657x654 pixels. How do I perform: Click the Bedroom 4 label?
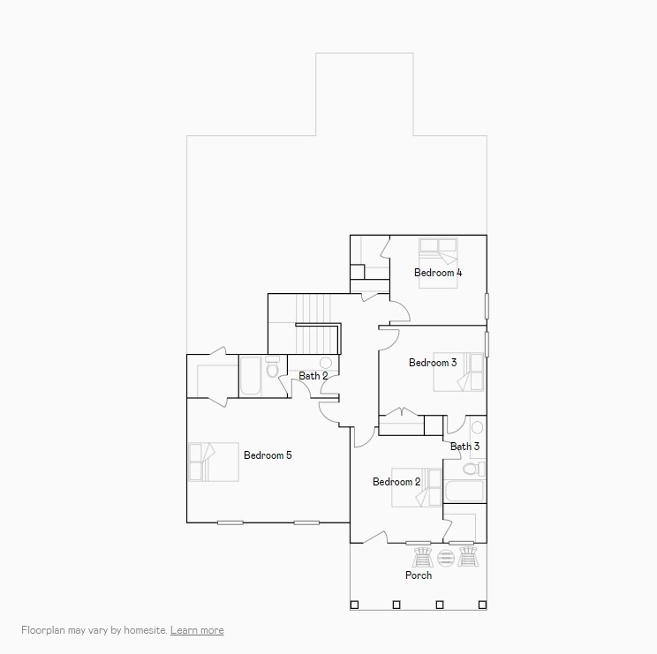[x=437, y=273]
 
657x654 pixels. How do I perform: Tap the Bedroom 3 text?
[x=432, y=363]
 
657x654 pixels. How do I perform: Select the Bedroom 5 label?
[x=268, y=455]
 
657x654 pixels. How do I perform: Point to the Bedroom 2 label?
[x=396, y=482]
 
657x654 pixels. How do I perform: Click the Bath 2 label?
[x=313, y=376]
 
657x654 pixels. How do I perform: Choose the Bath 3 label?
[x=464, y=447]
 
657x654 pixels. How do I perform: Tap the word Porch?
[x=419, y=575]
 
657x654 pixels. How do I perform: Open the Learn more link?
[x=197, y=630]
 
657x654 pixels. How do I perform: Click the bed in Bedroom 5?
[x=214, y=462]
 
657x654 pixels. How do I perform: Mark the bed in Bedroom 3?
[x=459, y=372]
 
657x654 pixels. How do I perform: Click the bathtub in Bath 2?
[x=250, y=377]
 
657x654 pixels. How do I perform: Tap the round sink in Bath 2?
[x=325, y=363]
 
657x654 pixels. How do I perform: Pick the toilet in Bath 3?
[x=472, y=468]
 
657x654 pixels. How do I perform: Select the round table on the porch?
[x=445, y=558]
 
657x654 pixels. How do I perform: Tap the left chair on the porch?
[x=423, y=557]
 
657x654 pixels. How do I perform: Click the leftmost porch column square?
[x=354, y=605]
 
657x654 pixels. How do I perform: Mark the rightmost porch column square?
[x=481, y=605]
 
